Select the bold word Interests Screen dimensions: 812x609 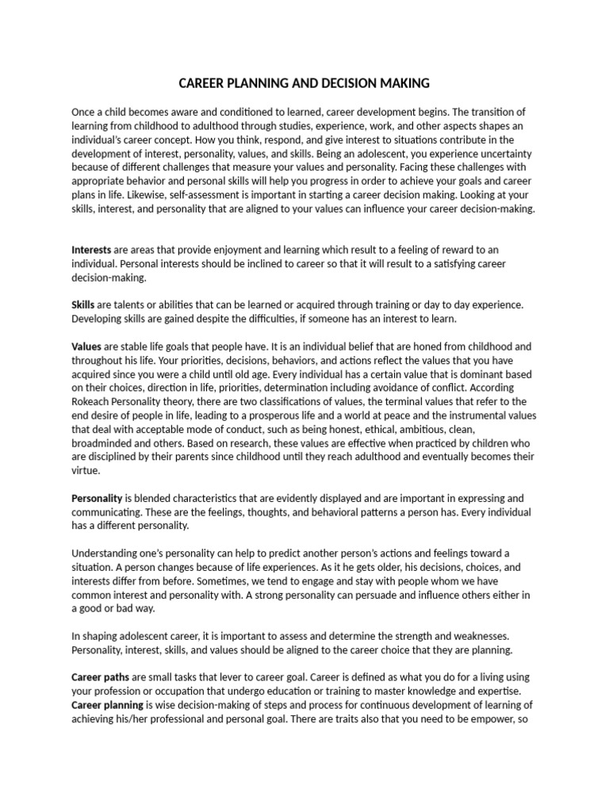pos(91,250)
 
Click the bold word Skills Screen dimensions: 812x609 pos(83,305)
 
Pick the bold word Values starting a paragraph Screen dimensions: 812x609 pos(86,347)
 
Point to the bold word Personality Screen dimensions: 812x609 pos(97,498)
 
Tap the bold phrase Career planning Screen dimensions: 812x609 pos(107,704)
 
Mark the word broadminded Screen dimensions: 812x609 pos(103,444)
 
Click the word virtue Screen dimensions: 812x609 pos(85,471)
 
